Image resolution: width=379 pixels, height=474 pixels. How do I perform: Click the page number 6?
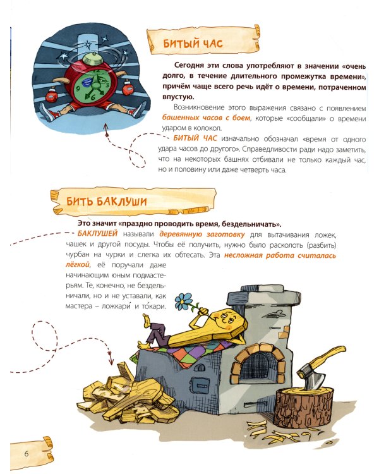(27, 454)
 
